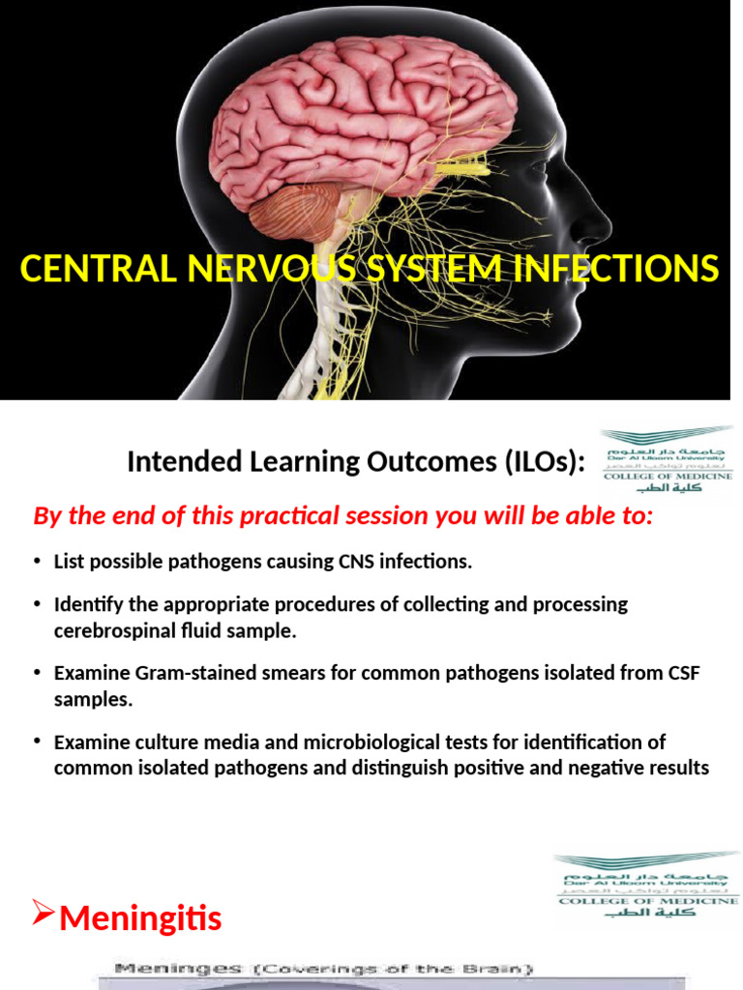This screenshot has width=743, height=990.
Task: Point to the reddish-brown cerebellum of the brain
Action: [x=295, y=211]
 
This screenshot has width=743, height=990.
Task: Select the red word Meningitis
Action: [x=140, y=917]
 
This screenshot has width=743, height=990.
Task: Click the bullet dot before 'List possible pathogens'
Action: [x=37, y=562]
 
